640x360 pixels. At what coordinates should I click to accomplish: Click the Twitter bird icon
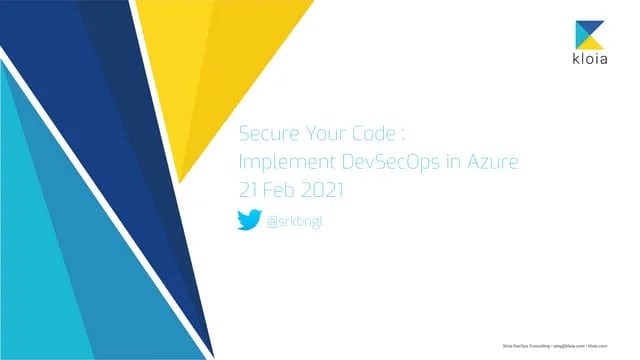click(x=249, y=220)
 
